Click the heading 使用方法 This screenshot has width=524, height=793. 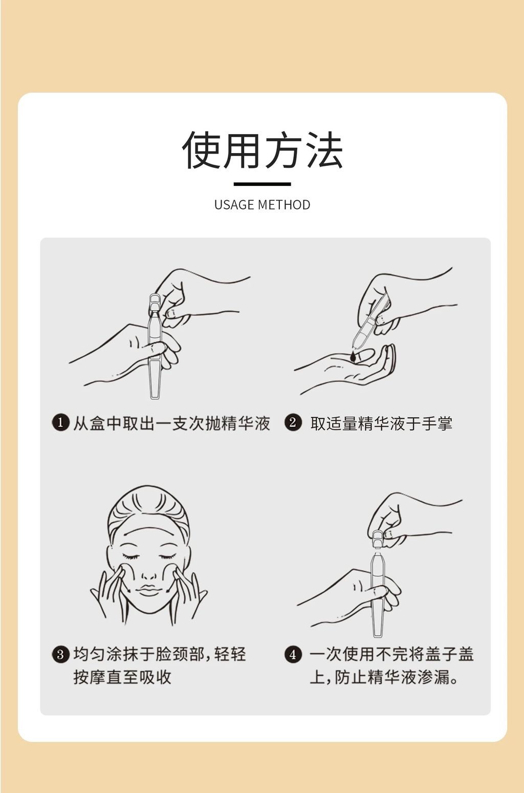pyautogui.click(x=262, y=149)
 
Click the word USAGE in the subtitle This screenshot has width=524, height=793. pyautogui.click(x=234, y=205)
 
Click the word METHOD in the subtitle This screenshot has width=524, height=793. pyautogui.click(x=284, y=205)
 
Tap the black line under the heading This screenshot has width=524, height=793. pyautogui.click(x=262, y=184)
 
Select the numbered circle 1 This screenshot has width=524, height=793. pyautogui.click(x=60, y=423)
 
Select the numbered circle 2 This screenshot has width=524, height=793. pyautogui.click(x=293, y=423)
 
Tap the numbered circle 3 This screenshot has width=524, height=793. pyautogui.click(x=60, y=654)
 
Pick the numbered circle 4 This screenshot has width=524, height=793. pyautogui.click(x=293, y=654)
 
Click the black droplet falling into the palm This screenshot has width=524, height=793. pyautogui.click(x=353, y=356)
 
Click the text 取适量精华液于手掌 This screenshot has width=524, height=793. pyautogui.click(x=381, y=423)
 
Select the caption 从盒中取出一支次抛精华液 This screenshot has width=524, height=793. pyautogui.click(x=171, y=423)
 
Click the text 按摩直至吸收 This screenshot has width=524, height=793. pyautogui.click(x=122, y=677)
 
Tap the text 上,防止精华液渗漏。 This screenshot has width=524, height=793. pyautogui.click(x=384, y=677)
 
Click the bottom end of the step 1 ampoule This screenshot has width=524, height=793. pyautogui.click(x=154, y=398)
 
